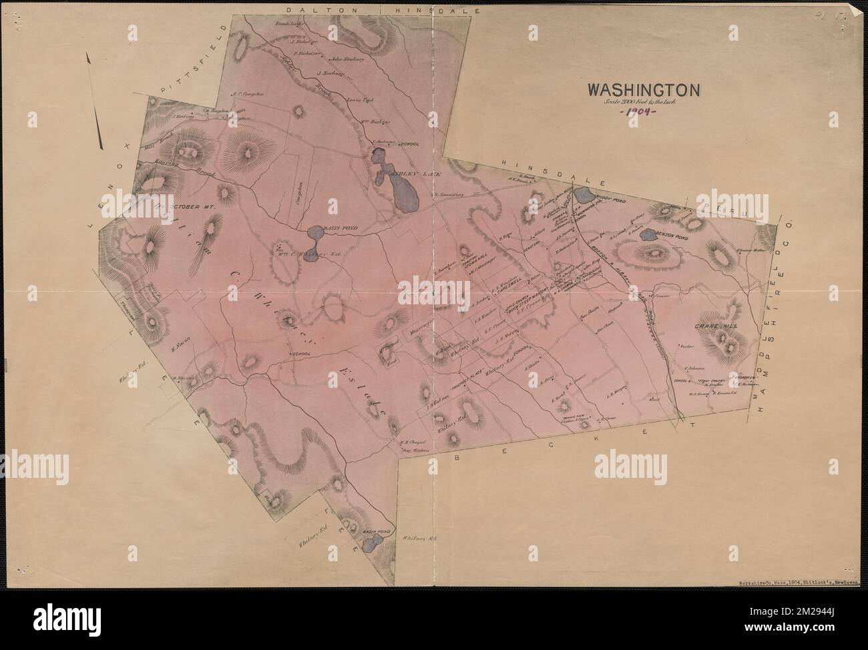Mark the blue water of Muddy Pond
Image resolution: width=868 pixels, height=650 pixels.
tap(582, 196)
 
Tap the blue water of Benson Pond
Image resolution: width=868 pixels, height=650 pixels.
tap(647, 234)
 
